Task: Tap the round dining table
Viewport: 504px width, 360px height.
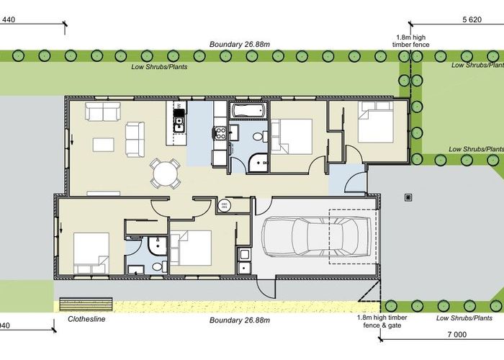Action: click(165, 174)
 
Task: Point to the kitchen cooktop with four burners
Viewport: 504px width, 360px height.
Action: click(220, 132)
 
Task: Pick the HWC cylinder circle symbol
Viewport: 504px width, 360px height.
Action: click(223, 207)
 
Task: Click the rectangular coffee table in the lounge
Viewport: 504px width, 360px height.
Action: click(102, 145)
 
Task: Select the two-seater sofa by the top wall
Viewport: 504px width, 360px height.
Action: click(102, 112)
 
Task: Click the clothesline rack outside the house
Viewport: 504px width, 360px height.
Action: click(82, 302)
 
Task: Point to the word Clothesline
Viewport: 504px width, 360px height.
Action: click(86, 318)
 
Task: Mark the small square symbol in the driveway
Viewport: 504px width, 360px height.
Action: click(408, 197)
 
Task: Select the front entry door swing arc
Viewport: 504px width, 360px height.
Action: click(355, 182)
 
